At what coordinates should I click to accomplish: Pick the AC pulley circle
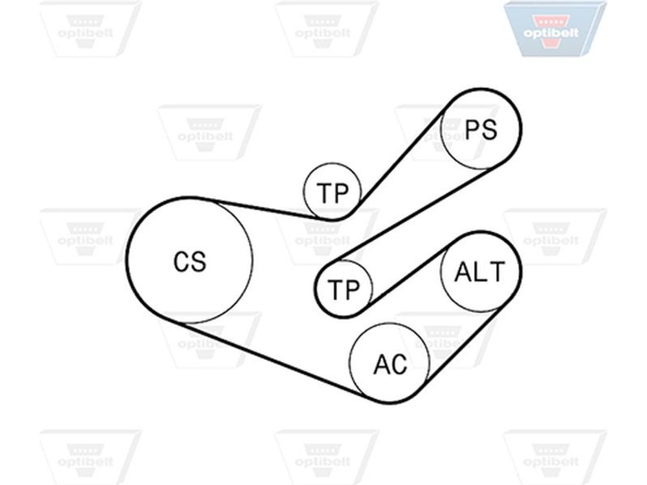tap(350, 363)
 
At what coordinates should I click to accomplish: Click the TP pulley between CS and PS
tap(305, 192)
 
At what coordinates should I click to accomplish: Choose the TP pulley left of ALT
tap(316, 289)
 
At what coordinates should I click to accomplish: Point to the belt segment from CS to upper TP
tap(264, 209)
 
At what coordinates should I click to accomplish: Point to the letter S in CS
tap(198, 262)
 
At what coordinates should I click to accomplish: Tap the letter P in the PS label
tap(472, 129)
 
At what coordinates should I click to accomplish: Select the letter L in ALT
tap(481, 272)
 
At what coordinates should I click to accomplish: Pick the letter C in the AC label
tap(399, 365)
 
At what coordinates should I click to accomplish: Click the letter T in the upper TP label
tap(324, 192)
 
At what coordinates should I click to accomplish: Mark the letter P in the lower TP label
tap(351, 289)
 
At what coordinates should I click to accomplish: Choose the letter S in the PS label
tap(489, 129)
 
